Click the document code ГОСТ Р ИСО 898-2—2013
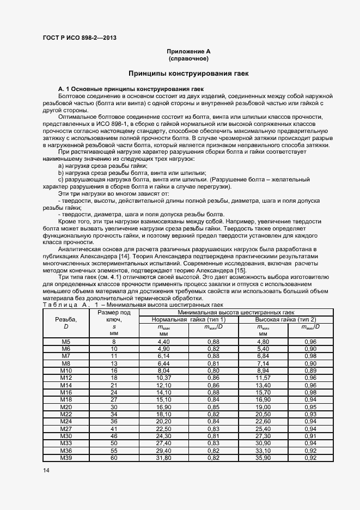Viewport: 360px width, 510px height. pos(80,38)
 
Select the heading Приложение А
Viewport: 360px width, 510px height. pos(188,51)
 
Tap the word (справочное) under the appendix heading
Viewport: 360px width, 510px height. pos(188,58)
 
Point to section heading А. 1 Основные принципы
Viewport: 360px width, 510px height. pos(130,88)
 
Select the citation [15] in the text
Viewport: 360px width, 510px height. pos(240,270)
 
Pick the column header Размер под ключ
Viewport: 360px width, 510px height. pos(114,316)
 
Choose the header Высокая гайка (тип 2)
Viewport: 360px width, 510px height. pos(286,319)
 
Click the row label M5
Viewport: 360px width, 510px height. pos(66,342)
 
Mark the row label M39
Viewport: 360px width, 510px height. pos(66,458)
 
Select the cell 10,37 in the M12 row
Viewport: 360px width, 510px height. pos(164,378)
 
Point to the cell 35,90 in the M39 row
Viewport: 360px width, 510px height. pos(263,458)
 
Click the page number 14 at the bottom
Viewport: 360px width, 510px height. pos(45,470)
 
